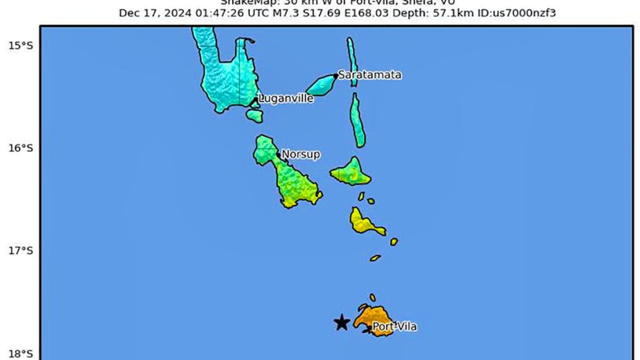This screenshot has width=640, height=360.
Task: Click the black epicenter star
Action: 342,322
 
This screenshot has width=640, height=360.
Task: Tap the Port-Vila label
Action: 395,327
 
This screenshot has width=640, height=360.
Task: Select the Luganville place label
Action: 286,99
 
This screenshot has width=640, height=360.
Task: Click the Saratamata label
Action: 370,75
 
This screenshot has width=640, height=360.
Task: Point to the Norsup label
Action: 301,155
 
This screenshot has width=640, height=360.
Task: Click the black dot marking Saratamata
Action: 335,75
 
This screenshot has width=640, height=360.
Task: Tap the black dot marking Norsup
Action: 278,154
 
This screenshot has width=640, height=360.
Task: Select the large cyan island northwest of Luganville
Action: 222,74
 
